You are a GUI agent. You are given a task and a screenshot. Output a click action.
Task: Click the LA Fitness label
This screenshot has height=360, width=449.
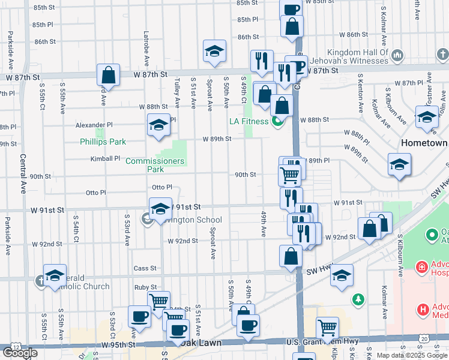coord(250,121)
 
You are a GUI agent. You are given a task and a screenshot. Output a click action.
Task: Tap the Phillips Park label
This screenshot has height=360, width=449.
coord(103,142)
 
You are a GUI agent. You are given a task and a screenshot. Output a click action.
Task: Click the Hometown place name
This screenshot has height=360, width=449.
coord(425,143)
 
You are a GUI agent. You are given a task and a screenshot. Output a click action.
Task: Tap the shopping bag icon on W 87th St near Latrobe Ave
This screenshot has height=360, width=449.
coord(108,76)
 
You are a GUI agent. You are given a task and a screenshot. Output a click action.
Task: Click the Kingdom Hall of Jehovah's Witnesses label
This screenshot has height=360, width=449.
coord(355,56)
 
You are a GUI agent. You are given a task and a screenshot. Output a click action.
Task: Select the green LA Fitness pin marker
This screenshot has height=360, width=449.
coord(277,121)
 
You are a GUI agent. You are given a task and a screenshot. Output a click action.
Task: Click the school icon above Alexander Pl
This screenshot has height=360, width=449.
coord(158,125)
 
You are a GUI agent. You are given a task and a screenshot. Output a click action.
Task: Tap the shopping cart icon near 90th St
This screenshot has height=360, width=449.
coord(289,175)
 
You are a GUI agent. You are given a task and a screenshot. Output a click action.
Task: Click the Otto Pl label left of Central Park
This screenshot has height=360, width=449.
coord(96,193)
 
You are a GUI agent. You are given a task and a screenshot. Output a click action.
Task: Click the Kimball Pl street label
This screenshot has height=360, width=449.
coord(106,159)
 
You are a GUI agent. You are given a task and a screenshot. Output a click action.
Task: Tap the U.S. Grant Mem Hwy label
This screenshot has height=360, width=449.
coord(318,342)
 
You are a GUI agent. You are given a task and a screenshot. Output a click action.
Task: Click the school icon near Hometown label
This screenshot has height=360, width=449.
coord(399,165)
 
